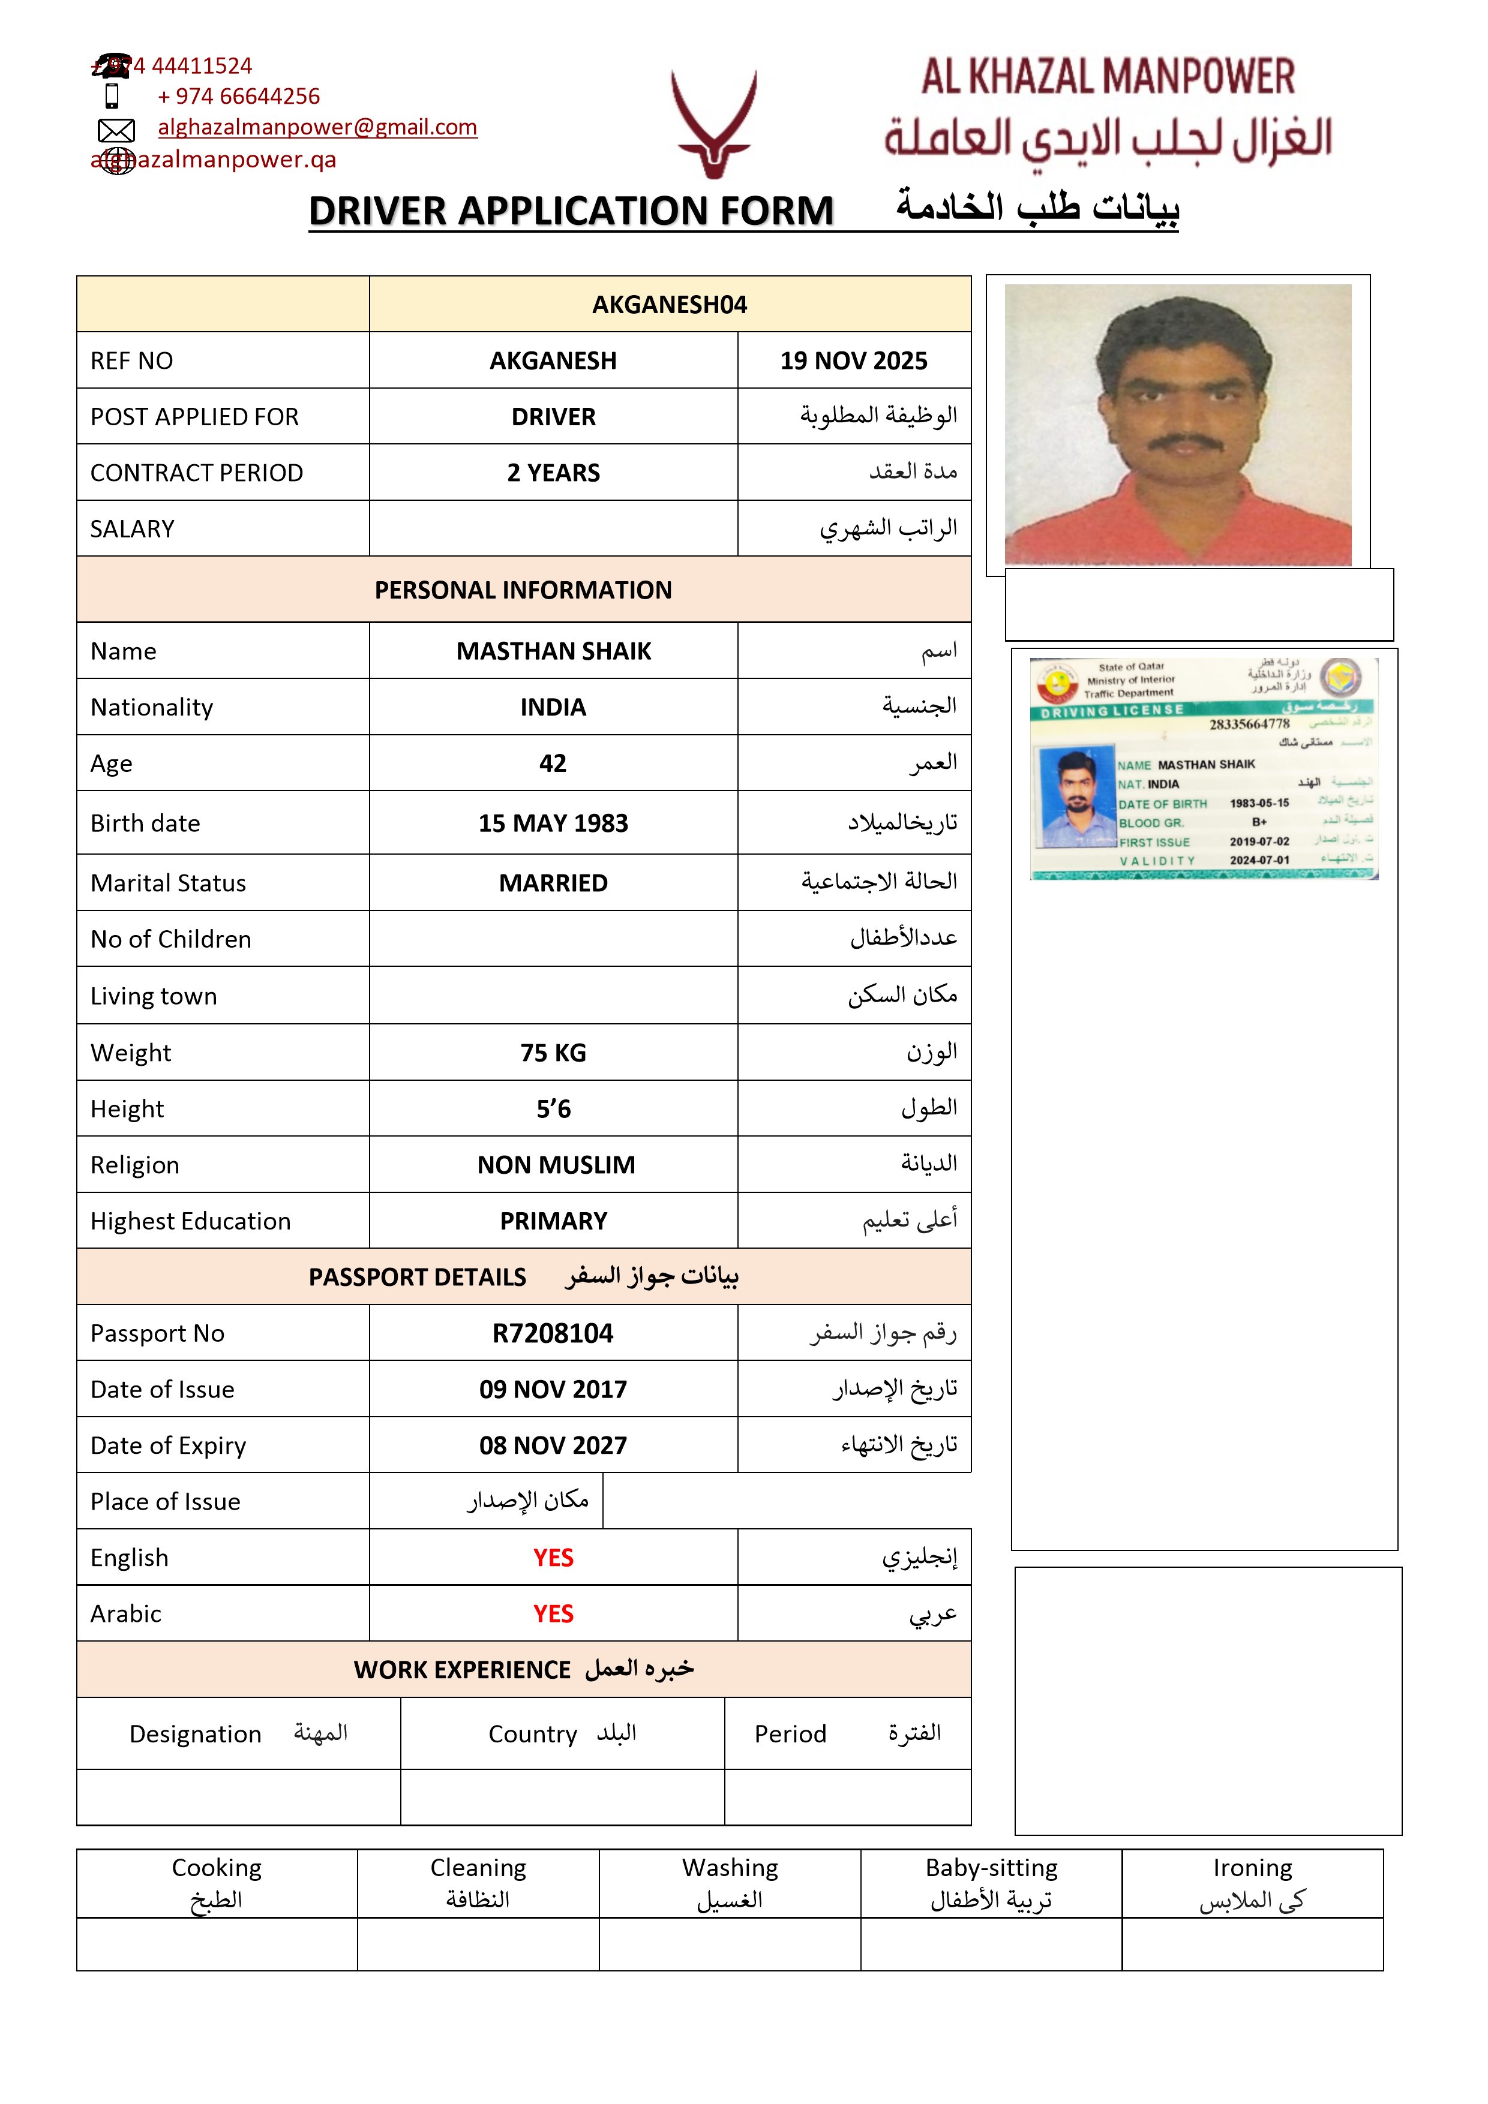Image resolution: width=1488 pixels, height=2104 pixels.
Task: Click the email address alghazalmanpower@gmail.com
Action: (x=317, y=127)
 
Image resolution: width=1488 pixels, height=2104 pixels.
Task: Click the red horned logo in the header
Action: (x=713, y=124)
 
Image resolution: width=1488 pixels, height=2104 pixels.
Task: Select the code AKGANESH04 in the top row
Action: (x=669, y=304)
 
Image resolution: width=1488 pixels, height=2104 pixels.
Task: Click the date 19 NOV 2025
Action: (x=854, y=361)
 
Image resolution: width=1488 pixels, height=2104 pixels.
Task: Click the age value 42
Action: (x=552, y=764)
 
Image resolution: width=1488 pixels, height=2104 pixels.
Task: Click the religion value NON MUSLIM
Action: (x=556, y=1165)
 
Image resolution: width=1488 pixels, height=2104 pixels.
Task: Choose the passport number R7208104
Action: (x=553, y=1333)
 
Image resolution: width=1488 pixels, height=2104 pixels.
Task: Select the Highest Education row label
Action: (x=191, y=1222)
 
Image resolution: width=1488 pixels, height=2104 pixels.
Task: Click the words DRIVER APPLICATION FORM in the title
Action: (x=570, y=212)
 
